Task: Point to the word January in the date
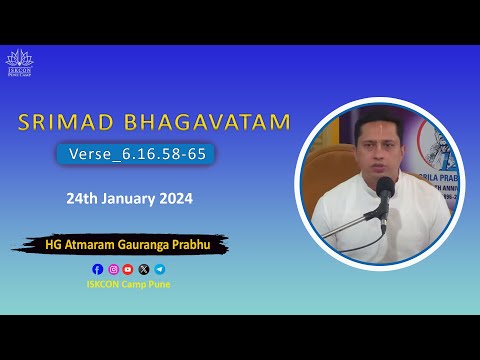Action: [129, 198]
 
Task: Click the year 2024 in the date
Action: [174, 198]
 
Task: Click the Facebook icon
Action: [97, 269]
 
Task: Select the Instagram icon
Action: [113, 269]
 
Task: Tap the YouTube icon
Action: [128, 269]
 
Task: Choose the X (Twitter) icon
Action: [144, 269]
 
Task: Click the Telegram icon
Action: [160, 269]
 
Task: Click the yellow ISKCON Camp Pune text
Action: [128, 283]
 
